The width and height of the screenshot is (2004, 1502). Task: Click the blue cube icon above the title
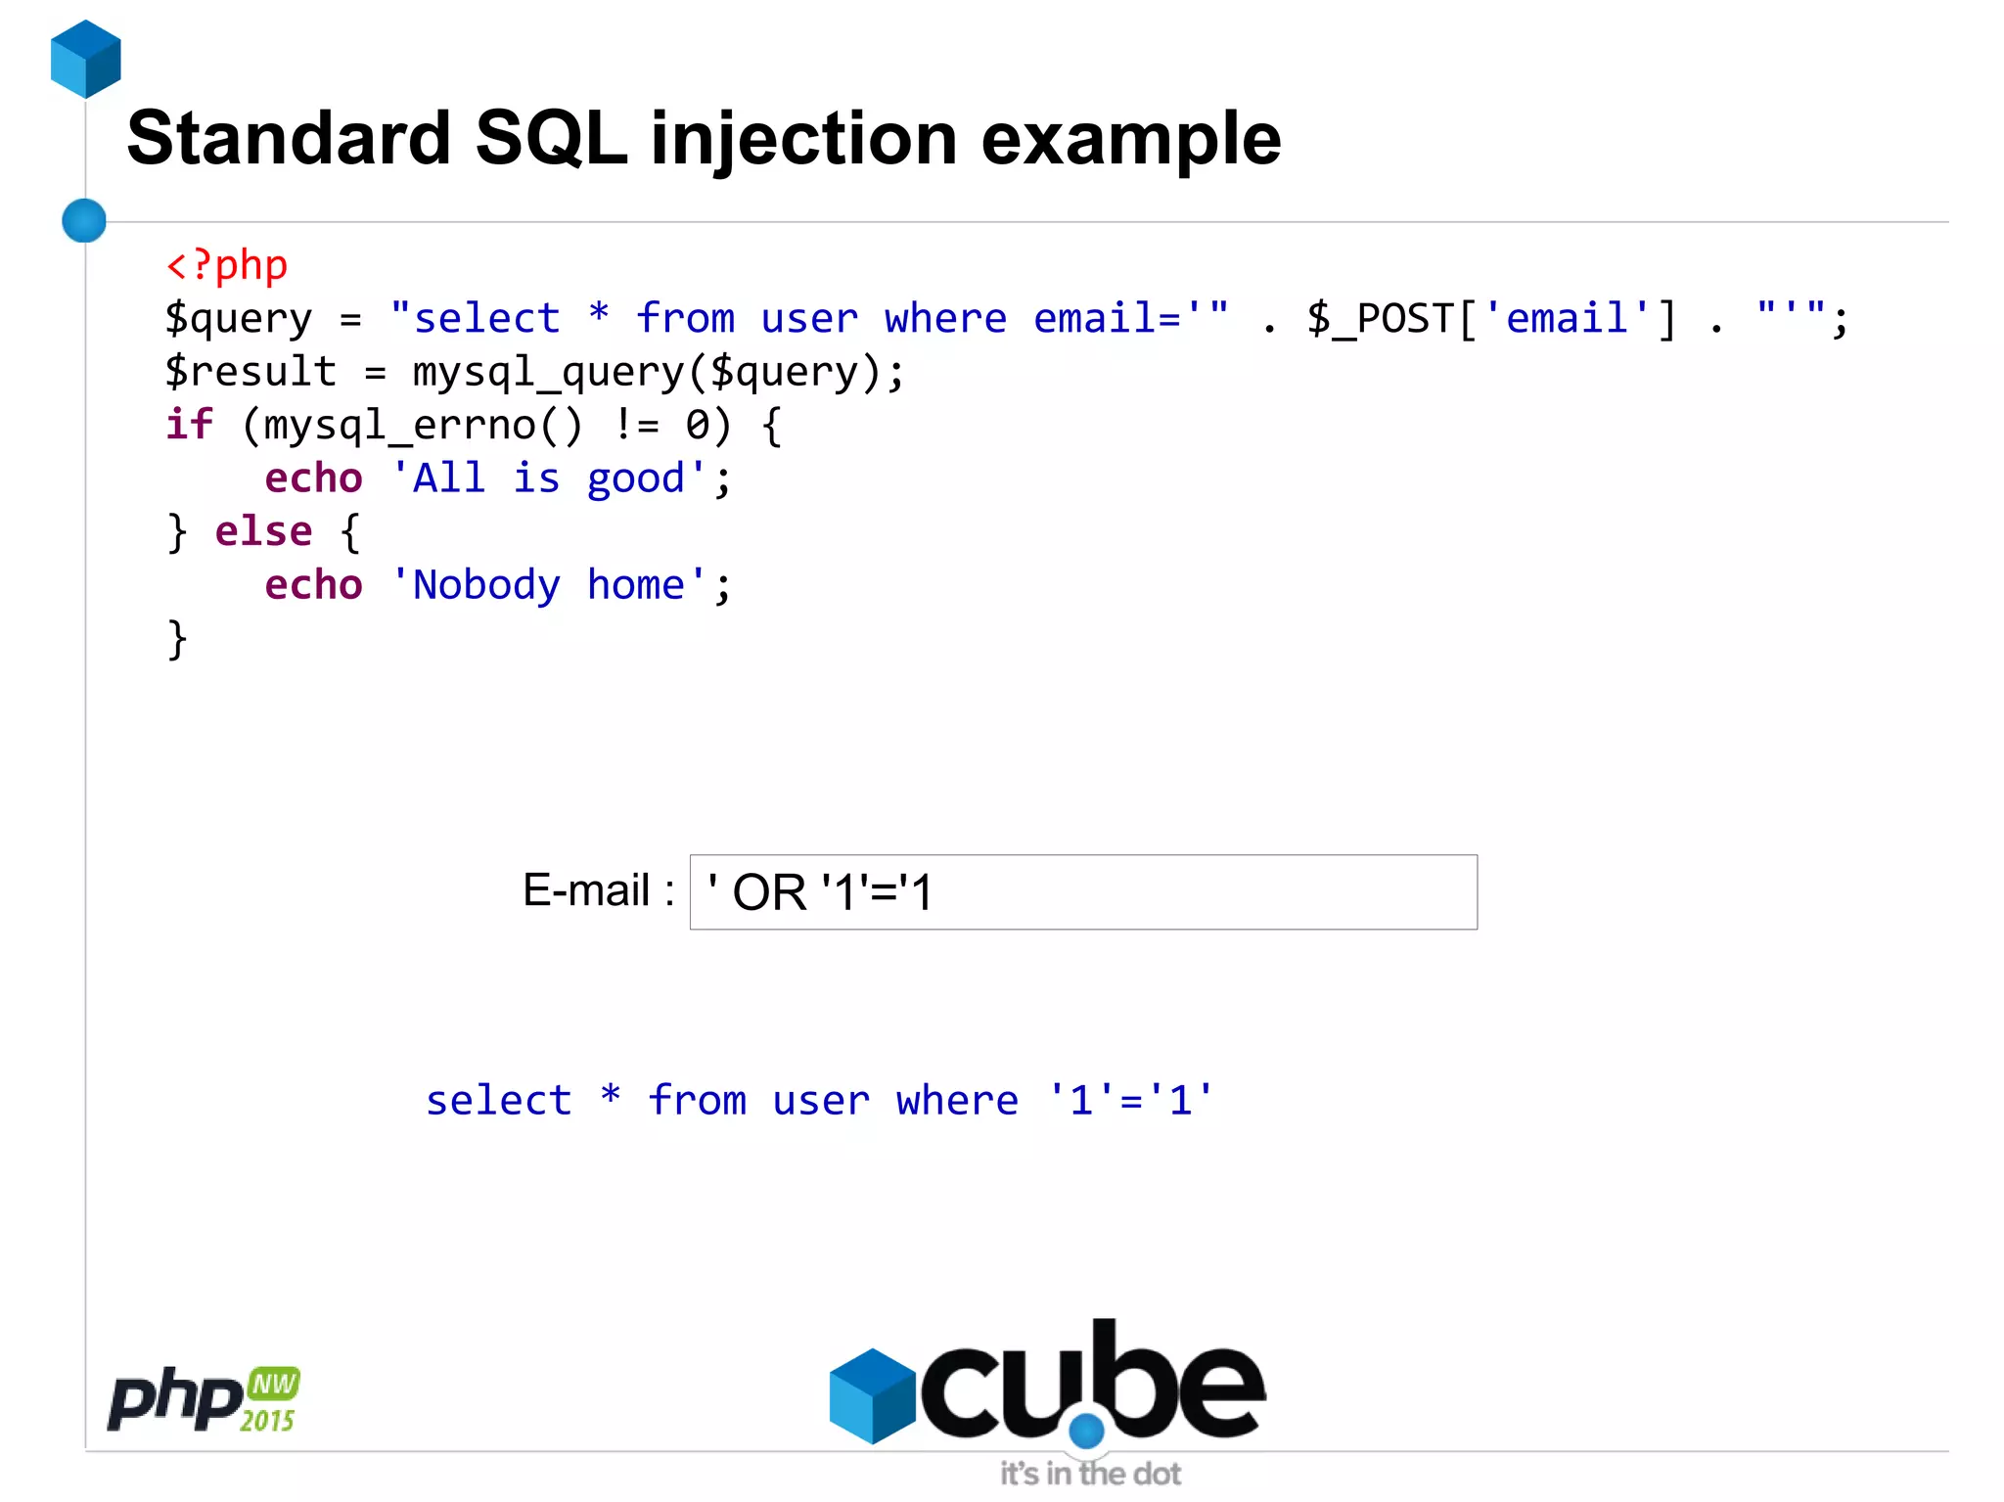(x=86, y=59)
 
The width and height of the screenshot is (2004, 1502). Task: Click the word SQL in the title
(x=550, y=139)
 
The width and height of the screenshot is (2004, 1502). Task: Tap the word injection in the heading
(x=803, y=139)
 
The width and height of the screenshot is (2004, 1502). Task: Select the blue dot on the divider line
(x=84, y=220)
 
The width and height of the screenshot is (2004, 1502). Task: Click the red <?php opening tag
(x=227, y=265)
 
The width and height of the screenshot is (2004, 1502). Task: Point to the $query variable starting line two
(x=239, y=319)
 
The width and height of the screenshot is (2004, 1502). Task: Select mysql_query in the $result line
(x=549, y=373)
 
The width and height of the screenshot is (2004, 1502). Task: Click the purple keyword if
(x=188, y=426)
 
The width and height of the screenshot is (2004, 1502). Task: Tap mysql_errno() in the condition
(x=412, y=426)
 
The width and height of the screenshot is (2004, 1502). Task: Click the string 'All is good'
(x=548, y=479)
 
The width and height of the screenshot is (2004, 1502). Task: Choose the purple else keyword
(x=263, y=532)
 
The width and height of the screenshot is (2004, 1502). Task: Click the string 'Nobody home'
(x=548, y=585)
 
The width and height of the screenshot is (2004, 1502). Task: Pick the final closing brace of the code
(x=177, y=639)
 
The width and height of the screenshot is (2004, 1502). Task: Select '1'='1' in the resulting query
(x=1130, y=1101)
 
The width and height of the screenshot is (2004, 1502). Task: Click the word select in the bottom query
(x=498, y=1101)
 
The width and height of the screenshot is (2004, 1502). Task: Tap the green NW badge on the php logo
(x=273, y=1384)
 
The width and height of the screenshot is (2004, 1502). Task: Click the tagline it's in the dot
(x=1089, y=1474)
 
